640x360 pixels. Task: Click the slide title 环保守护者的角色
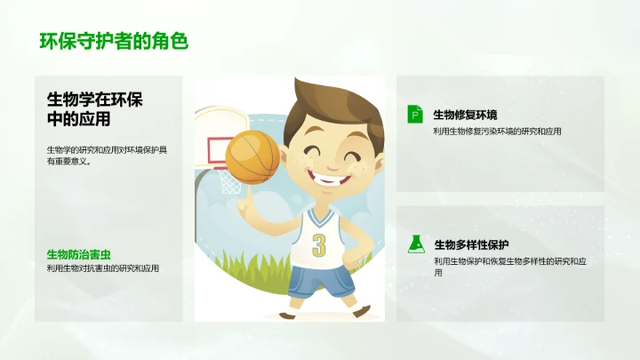tap(113, 41)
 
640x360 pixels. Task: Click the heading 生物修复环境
tap(465, 115)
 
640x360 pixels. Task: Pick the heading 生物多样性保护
tap(471, 244)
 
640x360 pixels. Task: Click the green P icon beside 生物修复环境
tap(414, 114)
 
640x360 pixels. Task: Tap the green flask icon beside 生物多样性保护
tap(414, 244)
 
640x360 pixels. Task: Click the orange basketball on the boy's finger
tap(252, 157)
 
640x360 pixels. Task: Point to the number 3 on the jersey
tap(318, 244)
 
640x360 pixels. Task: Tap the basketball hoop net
tap(229, 180)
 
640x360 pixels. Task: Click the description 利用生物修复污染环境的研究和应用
tap(497, 132)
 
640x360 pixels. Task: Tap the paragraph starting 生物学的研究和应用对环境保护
tap(107, 155)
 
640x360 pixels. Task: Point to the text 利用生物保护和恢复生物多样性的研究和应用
tap(510, 266)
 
